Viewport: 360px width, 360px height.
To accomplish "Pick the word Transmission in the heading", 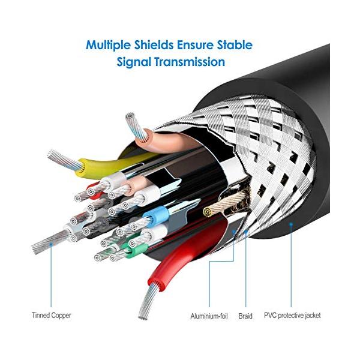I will [193, 62].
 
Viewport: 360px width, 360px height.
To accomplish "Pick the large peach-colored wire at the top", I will [159, 145].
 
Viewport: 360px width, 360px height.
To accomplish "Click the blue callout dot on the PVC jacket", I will [291, 227].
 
